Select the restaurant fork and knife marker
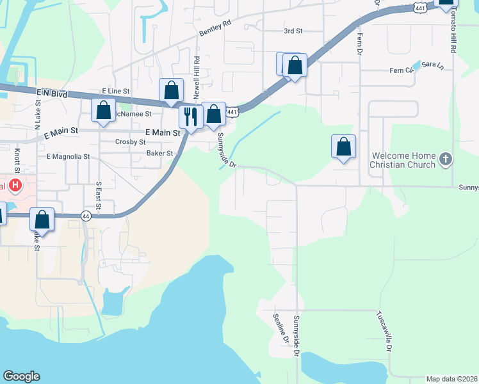click(x=191, y=116)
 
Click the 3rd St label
click(x=293, y=30)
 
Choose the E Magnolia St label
click(x=68, y=156)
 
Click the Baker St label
click(x=160, y=154)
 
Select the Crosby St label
click(x=131, y=142)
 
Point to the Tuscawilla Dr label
click(x=384, y=332)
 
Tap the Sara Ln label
click(x=433, y=65)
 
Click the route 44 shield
click(x=86, y=216)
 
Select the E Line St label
click(x=116, y=92)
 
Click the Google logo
click(x=21, y=376)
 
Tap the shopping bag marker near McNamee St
click(x=104, y=111)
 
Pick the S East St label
click(x=99, y=193)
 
